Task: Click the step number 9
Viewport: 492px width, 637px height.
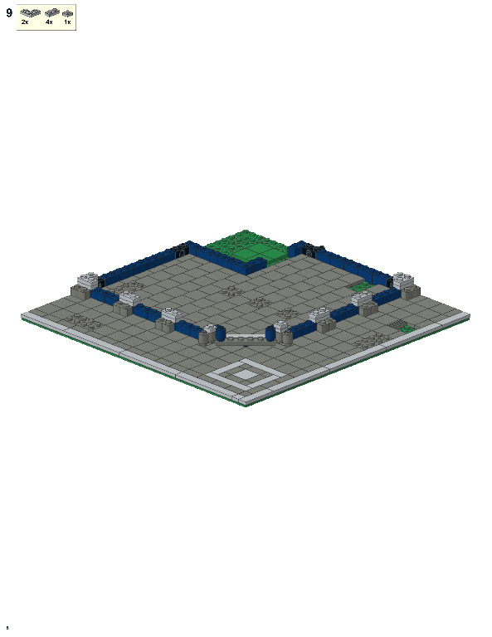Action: [9, 12]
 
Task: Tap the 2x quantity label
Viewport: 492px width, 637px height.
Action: [25, 22]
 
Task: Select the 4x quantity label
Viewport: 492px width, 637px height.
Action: [49, 22]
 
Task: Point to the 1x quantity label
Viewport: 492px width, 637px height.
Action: [67, 22]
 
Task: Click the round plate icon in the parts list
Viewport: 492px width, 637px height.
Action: [67, 14]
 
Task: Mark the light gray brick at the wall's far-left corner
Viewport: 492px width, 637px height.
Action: [87, 280]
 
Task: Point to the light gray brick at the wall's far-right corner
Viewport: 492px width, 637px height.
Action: [404, 280]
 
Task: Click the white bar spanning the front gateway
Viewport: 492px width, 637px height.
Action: [246, 336]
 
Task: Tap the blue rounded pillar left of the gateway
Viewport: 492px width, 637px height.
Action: [220, 333]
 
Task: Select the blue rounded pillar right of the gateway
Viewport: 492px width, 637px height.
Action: [270, 333]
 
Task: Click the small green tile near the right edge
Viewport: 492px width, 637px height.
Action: [406, 329]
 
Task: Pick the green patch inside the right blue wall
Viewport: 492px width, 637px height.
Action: [361, 287]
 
